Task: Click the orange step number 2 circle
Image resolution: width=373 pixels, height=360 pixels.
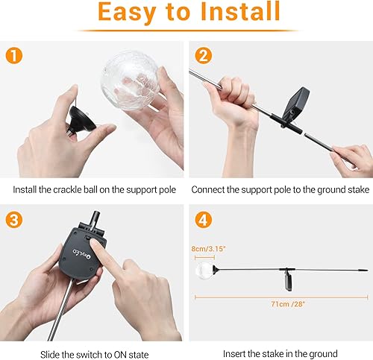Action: coord(202,56)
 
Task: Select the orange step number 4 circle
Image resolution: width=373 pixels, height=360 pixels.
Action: coord(202,221)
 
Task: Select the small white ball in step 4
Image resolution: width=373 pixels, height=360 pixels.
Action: coord(204,270)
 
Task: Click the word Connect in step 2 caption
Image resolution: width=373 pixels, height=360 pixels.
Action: coord(209,189)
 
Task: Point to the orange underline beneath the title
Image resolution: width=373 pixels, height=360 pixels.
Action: coord(186,30)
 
